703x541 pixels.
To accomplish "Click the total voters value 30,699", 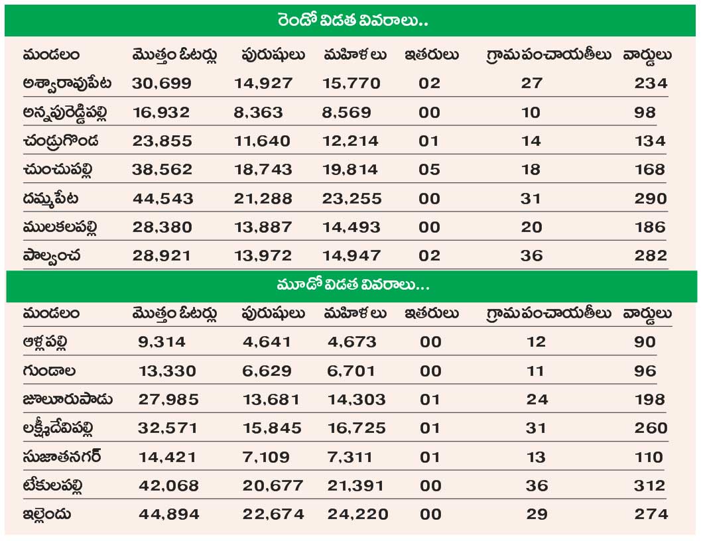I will click(x=162, y=84).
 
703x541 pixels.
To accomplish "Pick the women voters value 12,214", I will click(x=351, y=141).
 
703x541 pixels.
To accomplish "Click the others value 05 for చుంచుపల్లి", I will click(x=429, y=170).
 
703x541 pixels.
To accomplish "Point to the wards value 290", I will click(x=650, y=198).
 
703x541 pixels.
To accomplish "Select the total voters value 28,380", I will click(x=162, y=227).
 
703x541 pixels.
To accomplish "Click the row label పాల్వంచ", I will click(x=52, y=255).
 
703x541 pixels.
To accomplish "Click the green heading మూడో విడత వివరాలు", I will click(x=351, y=286).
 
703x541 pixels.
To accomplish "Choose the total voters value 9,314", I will click(x=162, y=342).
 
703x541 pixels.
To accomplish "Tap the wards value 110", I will click(x=648, y=457).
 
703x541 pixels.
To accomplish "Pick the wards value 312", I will click(x=650, y=485).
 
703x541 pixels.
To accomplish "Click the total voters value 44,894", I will click(x=168, y=514).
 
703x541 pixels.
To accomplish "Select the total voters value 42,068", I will click(x=168, y=485).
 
